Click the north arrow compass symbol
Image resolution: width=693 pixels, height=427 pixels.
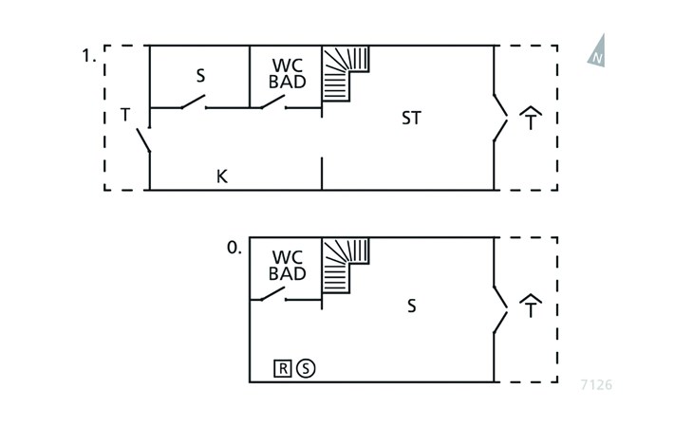[597, 51]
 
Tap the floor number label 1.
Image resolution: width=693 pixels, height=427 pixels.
[89, 56]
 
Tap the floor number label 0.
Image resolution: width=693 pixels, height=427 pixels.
[234, 248]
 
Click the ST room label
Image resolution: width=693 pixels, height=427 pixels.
[411, 118]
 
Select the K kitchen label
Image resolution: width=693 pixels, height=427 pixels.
[222, 176]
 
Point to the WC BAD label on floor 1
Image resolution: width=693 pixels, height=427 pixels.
[288, 73]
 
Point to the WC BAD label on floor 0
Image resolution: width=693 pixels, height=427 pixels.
[288, 265]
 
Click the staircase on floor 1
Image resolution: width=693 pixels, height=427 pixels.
[346, 74]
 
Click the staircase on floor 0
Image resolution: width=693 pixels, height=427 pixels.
[346, 266]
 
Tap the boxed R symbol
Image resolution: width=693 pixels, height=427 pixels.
[283, 368]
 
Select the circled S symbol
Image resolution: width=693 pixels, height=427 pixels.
[306, 368]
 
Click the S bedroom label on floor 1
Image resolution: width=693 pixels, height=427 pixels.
[200, 76]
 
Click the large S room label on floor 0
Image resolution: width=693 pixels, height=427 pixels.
[411, 306]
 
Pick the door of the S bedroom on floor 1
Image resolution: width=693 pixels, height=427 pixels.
[193, 102]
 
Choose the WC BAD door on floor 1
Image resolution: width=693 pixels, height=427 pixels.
[272, 102]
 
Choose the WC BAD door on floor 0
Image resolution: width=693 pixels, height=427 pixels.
[272, 293]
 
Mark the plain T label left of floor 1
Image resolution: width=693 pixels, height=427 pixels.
[125, 115]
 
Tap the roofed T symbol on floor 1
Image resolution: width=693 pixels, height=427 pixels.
[531, 118]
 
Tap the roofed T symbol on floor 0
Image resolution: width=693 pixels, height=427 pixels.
[531, 306]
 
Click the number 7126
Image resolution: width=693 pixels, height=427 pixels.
[596, 385]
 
